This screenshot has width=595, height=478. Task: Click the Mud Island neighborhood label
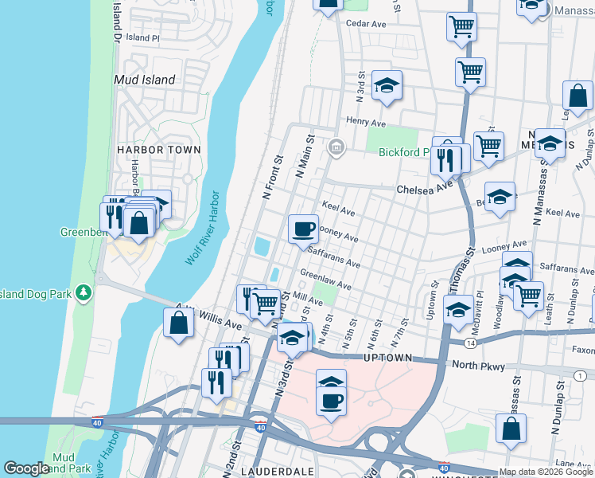click(144, 80)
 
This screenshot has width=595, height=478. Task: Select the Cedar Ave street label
click(366, 24)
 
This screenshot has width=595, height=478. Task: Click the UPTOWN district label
click(388, 358)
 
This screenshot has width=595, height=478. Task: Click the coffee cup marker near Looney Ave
click(303, 229)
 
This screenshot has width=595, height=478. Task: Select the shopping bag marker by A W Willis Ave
click(178, 323)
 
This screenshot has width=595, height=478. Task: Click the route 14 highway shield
click(472, 343)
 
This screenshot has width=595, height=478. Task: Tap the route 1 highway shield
click(579, 375)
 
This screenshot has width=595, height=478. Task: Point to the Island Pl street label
click(143, 37)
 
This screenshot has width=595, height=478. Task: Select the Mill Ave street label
click(308, 301)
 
